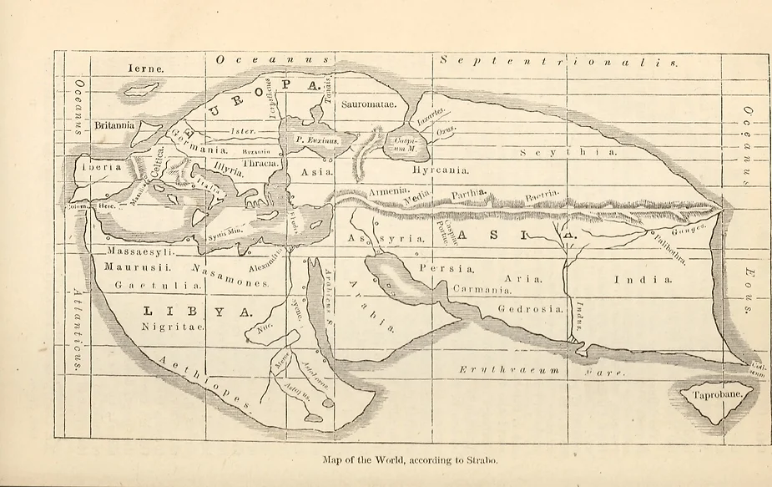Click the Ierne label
pos(145,68)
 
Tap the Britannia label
pos(114,125)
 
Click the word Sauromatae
pos(371,104)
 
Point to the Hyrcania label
pos(440,170)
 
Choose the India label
pos(643,279)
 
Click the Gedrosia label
pos(530,308)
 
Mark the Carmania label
pos(482,289)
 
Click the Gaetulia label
pos(153,285)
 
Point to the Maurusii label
pos(137,267)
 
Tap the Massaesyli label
pos(139,251)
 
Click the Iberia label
pos(101,166)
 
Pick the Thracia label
pos(260,163)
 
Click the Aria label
pos(524,278)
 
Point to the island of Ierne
pos(142,88)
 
